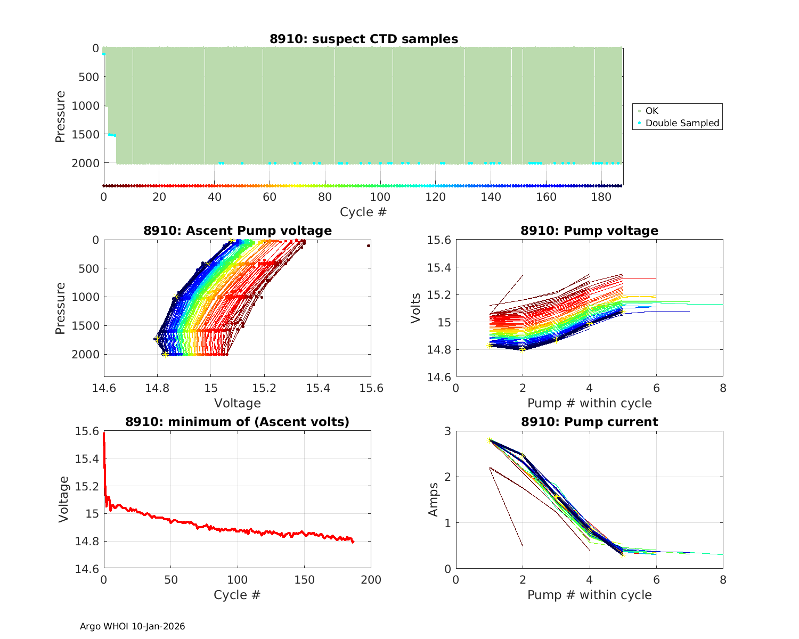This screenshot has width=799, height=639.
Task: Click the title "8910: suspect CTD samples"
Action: pos(363,39)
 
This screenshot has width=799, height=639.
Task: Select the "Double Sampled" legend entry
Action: pos(682,123)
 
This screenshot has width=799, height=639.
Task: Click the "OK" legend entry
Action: pos(651,111)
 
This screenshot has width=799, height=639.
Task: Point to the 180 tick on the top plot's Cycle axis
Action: pos(601,197)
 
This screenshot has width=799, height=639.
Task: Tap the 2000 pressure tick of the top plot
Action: pos(85,163)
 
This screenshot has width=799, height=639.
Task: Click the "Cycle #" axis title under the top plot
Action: pos(363,212)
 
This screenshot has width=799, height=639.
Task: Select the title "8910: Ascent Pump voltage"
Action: pos(237,231)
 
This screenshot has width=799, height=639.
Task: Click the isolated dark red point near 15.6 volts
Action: pos(368,245)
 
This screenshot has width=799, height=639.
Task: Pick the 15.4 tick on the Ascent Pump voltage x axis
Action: pos(317,388)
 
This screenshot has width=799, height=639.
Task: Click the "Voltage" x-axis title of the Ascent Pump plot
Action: pos(237,403)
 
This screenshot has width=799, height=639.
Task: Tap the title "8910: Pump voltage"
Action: pos(589,231)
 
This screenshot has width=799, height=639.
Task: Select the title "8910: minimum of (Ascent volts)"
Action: pos(237,422)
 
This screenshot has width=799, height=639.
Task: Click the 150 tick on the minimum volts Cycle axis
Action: pos(304,580)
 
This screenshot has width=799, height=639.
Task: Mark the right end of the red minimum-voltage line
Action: pos(353,542)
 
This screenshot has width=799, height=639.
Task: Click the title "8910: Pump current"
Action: pos(589,422)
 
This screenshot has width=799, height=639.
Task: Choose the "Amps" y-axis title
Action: pos(434,499)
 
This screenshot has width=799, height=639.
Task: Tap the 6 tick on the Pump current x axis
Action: pos(656,580)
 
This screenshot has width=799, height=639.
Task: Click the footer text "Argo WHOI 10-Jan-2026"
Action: pos(132,626)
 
